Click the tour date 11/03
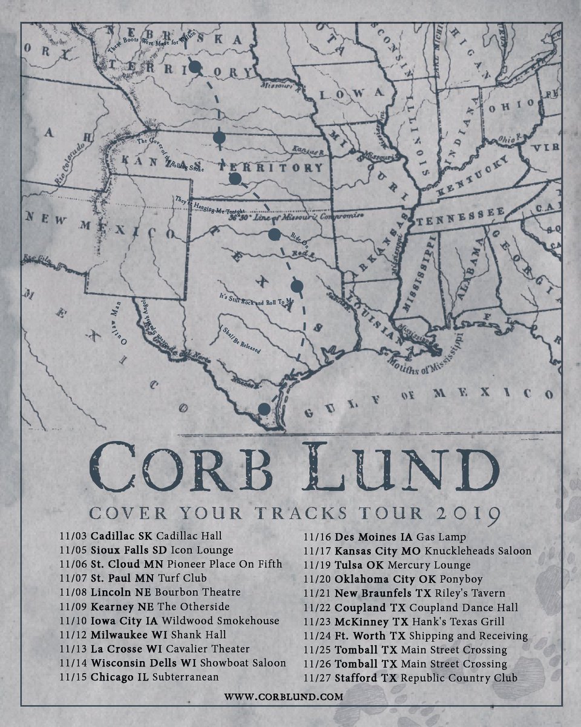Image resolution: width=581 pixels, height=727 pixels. click(x=74, y=536)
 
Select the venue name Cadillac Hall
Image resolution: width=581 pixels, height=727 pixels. click(x=189, y=536)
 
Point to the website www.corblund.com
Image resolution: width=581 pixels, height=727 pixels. click(x=283, y=697)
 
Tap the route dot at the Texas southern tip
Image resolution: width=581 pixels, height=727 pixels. click(x=263, y=409)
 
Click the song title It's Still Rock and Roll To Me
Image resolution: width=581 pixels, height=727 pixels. click(x=256, y=300)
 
